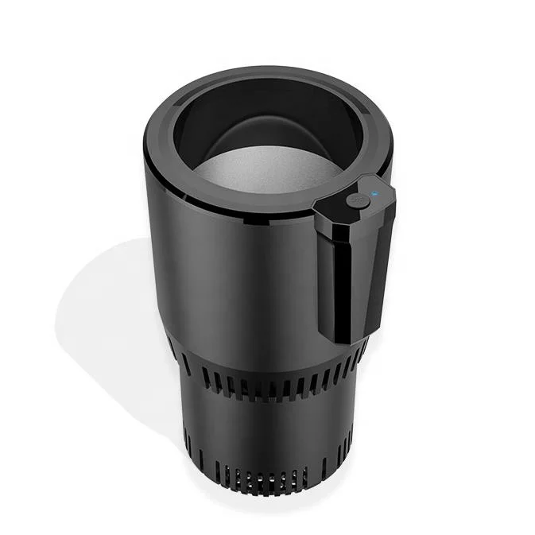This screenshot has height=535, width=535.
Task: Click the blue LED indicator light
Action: coord(374,192)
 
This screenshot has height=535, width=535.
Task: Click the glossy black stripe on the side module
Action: coord(337,270)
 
